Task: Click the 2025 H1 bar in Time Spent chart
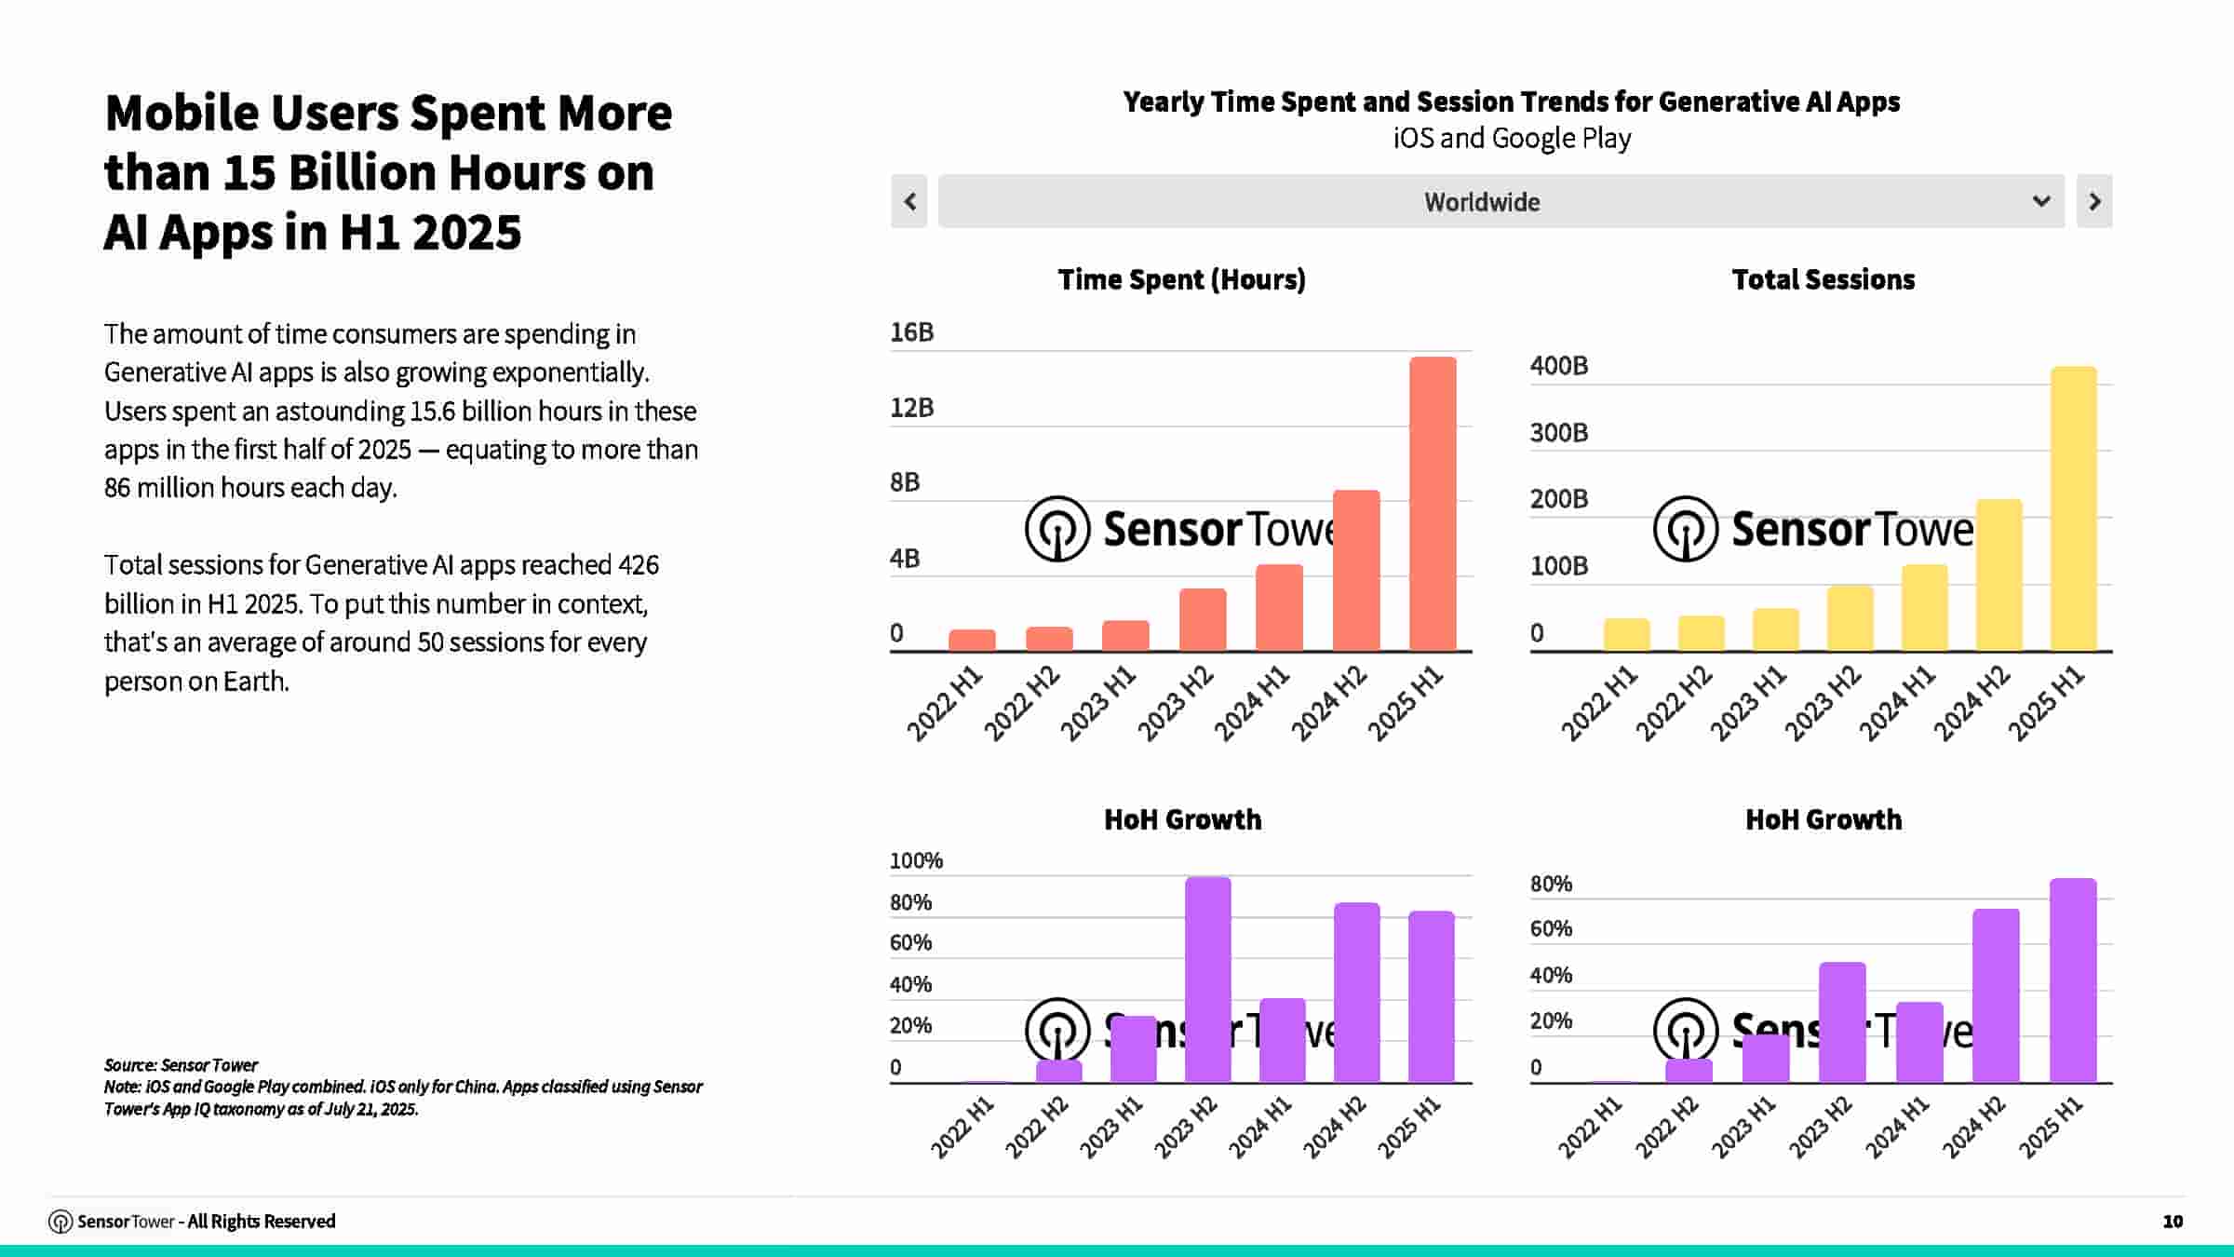1433,504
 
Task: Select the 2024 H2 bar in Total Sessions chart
1999,575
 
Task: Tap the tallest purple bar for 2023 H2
1208,980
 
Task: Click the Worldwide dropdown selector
1501,201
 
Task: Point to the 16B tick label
911,332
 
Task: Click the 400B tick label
1559,366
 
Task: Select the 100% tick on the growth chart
916,860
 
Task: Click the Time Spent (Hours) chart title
1181,279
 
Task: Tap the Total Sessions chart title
1823,279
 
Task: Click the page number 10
2173,1221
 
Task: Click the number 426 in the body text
639,564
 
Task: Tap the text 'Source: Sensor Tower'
181,1064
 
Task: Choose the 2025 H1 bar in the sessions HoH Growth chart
2073,980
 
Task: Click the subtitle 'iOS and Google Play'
1512,138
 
